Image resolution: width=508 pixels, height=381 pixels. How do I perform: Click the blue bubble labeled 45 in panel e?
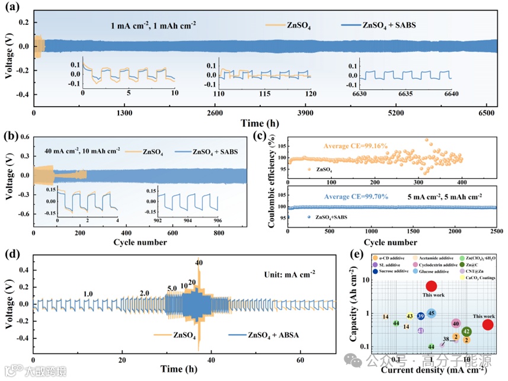(432, 313)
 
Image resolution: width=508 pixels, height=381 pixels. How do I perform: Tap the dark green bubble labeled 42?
(467, 331)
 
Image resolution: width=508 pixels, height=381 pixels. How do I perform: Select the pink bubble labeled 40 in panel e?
(455, 324)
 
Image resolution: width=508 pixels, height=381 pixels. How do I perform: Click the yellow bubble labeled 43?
(410, 316)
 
